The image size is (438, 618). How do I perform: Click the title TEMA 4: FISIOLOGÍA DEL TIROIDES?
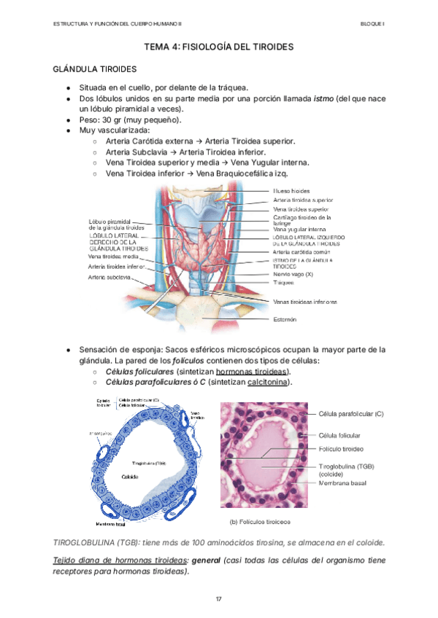pos(219,47)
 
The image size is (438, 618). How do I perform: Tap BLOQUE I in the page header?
pos(372,24)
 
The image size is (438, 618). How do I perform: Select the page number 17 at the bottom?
pos(218,598)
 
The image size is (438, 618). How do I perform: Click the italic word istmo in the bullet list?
pos(326,98)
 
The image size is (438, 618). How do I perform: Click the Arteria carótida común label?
pos(301,251)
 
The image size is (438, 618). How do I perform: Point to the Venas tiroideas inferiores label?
pos(304,301)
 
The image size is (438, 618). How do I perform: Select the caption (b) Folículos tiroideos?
pos(260,522)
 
